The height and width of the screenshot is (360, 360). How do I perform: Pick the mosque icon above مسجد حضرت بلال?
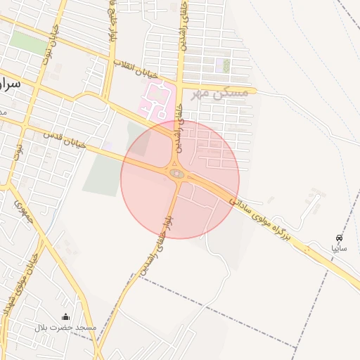(x=66, y=317)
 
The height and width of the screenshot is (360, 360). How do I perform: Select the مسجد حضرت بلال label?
(x=65, y=328)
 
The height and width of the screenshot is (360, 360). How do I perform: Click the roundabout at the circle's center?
(x=177, y=173)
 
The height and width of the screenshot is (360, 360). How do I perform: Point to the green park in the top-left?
(x=28, y=41)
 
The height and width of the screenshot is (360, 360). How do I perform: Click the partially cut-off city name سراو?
(x=13, y=83)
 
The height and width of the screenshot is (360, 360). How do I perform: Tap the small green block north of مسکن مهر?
(x=226, y=65)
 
